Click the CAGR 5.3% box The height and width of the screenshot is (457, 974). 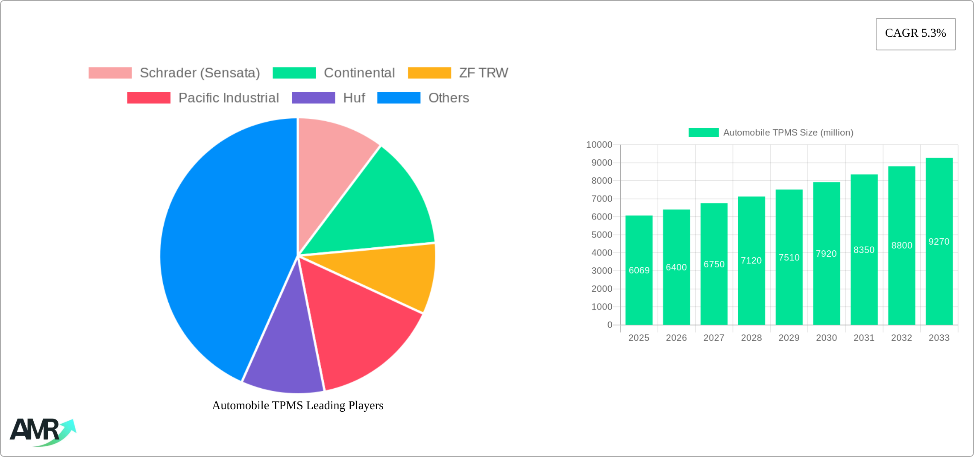pyautogui.click(x=915, y=34)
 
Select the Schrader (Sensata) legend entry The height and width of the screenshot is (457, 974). pyautogui.click(x=174, y=73)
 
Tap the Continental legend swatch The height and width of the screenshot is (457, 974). pyautogui.click(x=294, y=73)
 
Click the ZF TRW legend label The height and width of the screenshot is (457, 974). pyautogui.click(x=483, y=73)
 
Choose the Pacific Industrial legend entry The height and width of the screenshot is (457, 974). pyautogui.click(x=203, y=98)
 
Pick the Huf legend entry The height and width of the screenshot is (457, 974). pyautogui.click(x=328, y=98)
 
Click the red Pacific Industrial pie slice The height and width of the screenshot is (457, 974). pyautogui.click(x=355, y=325)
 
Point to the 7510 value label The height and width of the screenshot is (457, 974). pyautogui.click(x=789, y=258)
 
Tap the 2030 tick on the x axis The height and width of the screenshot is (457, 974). pyautogui.click(x=826, y=338)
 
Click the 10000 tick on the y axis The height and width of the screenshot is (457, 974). pyautogui.click(x=599, y=145)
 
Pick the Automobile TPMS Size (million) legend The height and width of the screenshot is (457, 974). pyautogui.click(x=771, y=133)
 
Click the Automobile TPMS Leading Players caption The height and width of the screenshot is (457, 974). pyautogui.click(x=298, y=405)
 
